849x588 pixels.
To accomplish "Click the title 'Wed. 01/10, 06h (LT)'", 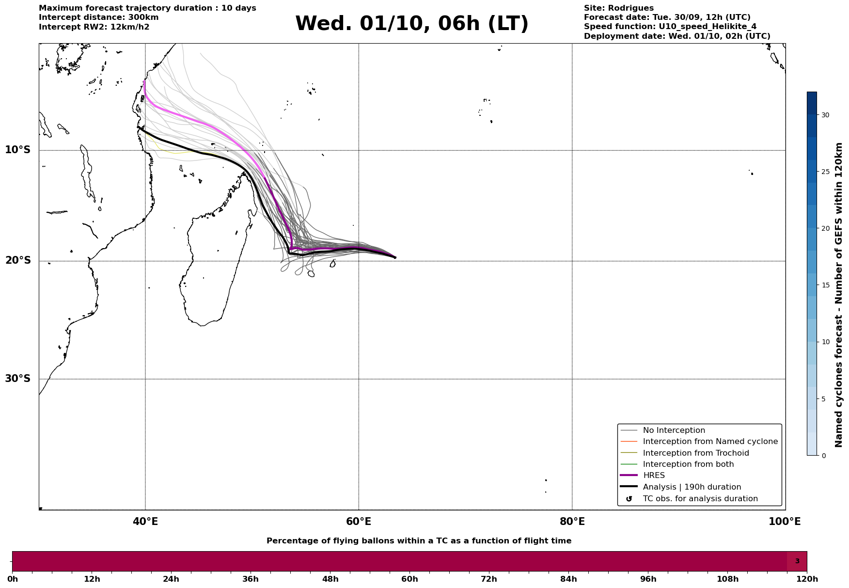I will pos(411,24).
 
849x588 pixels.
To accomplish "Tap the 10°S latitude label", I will pos(18,150).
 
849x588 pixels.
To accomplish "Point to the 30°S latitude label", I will pos(18,379).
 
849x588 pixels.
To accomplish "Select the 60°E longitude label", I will pos(359,522).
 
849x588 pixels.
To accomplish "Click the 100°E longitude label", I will pos(785,522).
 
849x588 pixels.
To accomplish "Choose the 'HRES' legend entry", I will pos(654,476).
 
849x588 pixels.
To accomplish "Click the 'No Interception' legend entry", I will pos(674,430).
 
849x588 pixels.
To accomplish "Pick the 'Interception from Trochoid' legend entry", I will pos(695,453).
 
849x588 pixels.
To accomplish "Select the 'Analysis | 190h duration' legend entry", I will pos(692,487).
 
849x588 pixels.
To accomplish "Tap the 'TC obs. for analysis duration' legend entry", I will pos(700,499).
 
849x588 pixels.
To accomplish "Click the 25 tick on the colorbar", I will pos(825,172).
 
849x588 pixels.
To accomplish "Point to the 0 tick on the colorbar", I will pos(823,456).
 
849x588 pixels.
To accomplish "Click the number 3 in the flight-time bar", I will pos(797,561).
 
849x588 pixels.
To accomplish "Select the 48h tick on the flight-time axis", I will pos(330,579).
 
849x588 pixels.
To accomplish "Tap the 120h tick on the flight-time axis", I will pos(807,579).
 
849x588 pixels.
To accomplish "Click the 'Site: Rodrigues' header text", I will pos(618,8).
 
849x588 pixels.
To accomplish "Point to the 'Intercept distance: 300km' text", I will pos(98,17).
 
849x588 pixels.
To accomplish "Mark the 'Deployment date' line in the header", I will pos(676,36).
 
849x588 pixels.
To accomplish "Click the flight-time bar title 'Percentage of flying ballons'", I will pos(419,541).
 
